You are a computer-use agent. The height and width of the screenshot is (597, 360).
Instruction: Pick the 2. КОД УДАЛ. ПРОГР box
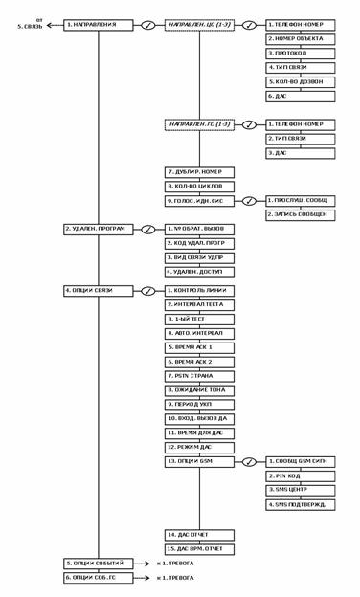click(x=200, y=245)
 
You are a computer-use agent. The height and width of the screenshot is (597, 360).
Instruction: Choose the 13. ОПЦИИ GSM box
click(x=200, y=460)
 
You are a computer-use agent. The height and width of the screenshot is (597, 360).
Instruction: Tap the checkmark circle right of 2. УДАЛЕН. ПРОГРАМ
click(x=148, y=230)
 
